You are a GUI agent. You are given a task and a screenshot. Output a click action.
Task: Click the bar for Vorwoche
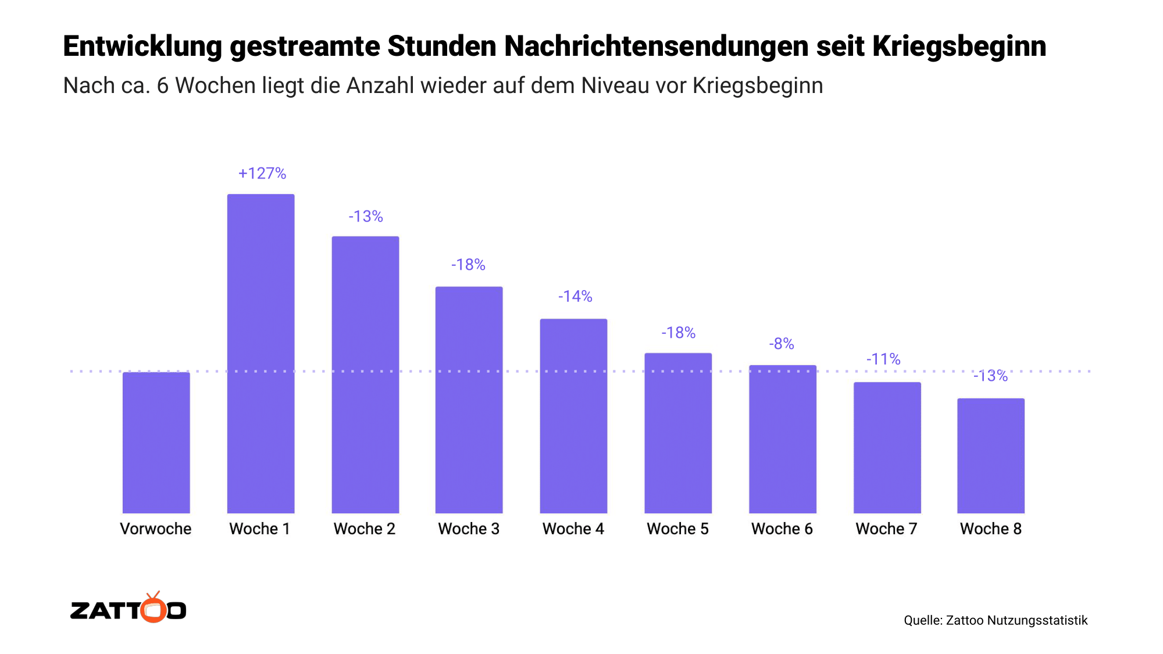point(156,442)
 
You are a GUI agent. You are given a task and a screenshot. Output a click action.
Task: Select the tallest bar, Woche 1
point(261,353)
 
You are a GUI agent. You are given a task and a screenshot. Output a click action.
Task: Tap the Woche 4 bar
point(573,416)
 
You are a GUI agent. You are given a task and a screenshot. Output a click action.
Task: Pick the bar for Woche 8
point(991,456)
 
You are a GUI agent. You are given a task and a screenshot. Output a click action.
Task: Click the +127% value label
point(262,173)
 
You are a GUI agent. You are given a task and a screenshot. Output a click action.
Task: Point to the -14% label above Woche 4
point(575,296)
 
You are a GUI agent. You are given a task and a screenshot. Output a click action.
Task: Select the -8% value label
point(782,344)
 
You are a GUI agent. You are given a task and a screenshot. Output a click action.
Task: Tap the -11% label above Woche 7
point(883,359)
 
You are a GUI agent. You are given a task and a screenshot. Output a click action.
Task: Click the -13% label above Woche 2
point(366,217)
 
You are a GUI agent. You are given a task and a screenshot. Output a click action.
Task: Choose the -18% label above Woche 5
point(678,333)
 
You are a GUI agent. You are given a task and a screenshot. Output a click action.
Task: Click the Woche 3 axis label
point(469,528)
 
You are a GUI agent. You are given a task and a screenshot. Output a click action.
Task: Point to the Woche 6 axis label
point(782,528)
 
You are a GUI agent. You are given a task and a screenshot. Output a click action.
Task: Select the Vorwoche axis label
point(156,528)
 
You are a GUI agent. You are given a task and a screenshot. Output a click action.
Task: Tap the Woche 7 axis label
point(886,528)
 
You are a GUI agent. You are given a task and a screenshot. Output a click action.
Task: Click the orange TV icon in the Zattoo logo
point(154,608)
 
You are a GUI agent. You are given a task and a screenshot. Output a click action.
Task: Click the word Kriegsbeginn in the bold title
point(959,47)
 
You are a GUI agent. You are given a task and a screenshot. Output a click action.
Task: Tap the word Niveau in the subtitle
point(615,85)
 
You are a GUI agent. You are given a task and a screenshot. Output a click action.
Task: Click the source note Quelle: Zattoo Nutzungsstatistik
point(996,620)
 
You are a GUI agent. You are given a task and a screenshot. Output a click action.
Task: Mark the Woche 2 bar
point(365,374)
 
